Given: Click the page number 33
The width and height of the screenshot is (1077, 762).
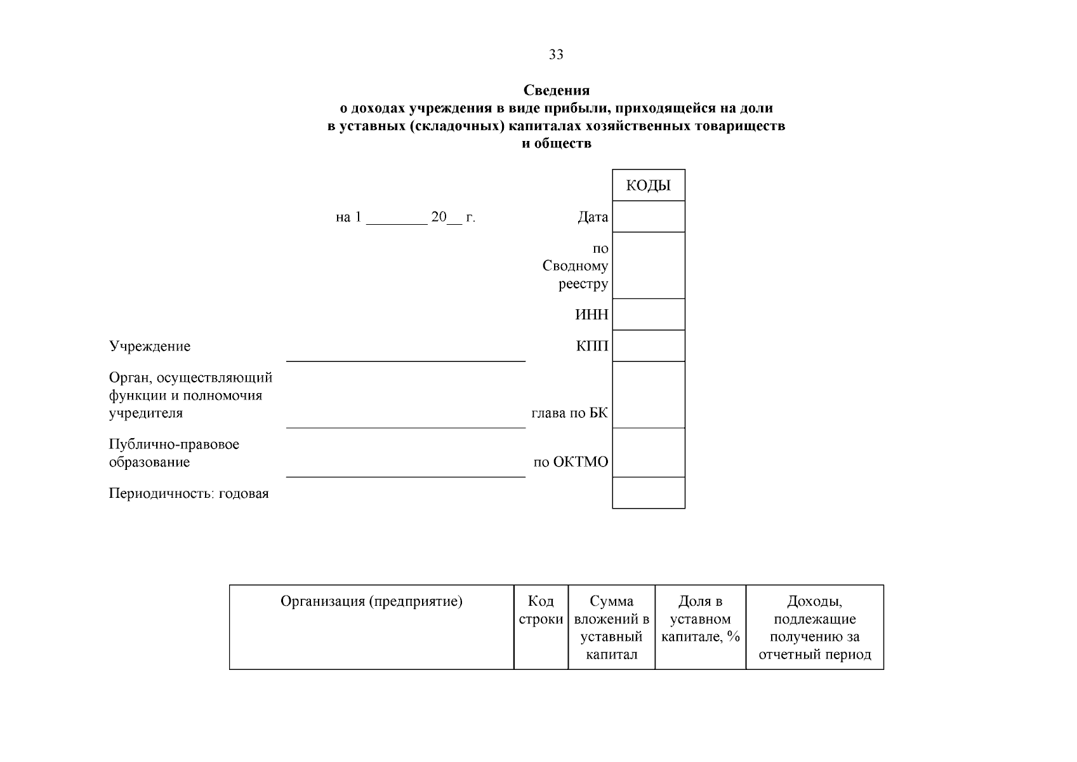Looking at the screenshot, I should pyautogui.click(x=556, y=55).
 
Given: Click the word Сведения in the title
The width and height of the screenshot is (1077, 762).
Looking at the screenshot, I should pyautogui.click(x=557, y=91).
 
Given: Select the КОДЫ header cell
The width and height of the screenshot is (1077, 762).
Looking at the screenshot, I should pyautogui.click(x=648, y=185).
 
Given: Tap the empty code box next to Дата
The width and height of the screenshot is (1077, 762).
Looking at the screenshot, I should pyautogui.click(x=648, y=217).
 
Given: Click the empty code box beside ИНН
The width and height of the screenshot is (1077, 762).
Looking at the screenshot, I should pyautogui.click(x=648, y=314).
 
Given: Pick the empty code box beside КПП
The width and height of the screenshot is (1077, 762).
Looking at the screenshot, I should pyautogui.click(x=648, y=346).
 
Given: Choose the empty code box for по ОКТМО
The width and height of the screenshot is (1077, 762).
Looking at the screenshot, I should pyautogui.click(x=648, y=453).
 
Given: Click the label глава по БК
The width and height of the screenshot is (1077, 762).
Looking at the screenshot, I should pyautogui.click(x=569, y=413).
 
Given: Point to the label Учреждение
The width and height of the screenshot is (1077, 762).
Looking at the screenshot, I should pyautogui.click(x=150, y=347).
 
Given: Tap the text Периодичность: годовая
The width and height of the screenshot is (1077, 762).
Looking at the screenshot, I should pyautogui.click(x=188, y=494).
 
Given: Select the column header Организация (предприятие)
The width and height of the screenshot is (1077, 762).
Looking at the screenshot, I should pyautogui.click(x=371, y=601).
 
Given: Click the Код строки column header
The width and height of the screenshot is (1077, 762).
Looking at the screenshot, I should pyautogui.click(x=541, y=610).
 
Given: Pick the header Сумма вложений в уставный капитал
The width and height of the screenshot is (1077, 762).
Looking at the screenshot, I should pyautogui.click(x=611, y=627).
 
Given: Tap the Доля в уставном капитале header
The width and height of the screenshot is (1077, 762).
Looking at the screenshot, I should pyautogui.click(x=700, y=619).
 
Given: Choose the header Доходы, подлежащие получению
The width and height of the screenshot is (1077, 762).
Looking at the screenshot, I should pyautogui.click(x=814, y=627).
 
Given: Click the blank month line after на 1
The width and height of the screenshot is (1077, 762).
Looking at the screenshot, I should pyautogui.click(x=397, y=218).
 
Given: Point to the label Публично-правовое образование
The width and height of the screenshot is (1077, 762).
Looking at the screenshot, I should pyautogui.click(x=174, y=453).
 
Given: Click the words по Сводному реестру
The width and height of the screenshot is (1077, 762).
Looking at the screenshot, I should pyautogui.click(x=575, y=266).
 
